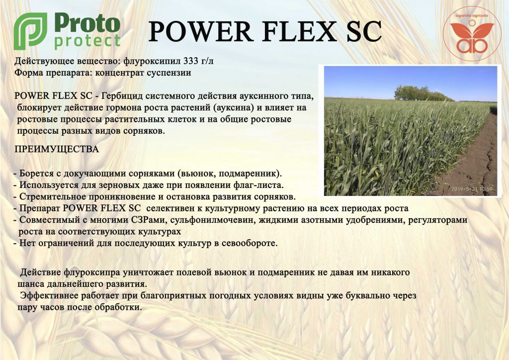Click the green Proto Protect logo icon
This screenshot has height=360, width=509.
(30, 31)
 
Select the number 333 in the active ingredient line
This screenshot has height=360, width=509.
(190, 61)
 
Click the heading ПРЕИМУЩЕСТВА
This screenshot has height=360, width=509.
(57, 149)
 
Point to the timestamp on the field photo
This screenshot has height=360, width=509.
(472, 189)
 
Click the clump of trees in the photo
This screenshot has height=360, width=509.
(422, 93)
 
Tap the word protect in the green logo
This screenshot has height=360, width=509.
(87, 42)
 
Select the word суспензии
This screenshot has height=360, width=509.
(169, 73)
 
